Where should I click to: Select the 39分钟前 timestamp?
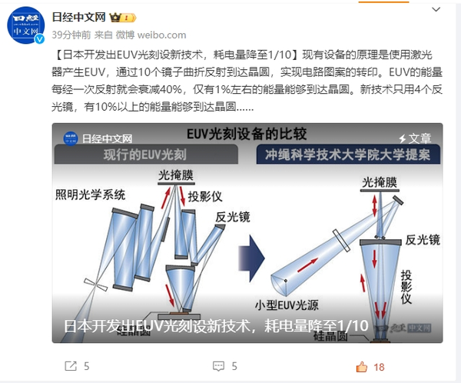coord(71,35)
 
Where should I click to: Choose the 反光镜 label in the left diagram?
coord(231,218)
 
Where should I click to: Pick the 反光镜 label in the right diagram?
coord(423,239)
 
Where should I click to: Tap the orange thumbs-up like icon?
coord(362,366)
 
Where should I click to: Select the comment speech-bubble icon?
coord(218,366)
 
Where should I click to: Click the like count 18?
coord(379,367)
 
